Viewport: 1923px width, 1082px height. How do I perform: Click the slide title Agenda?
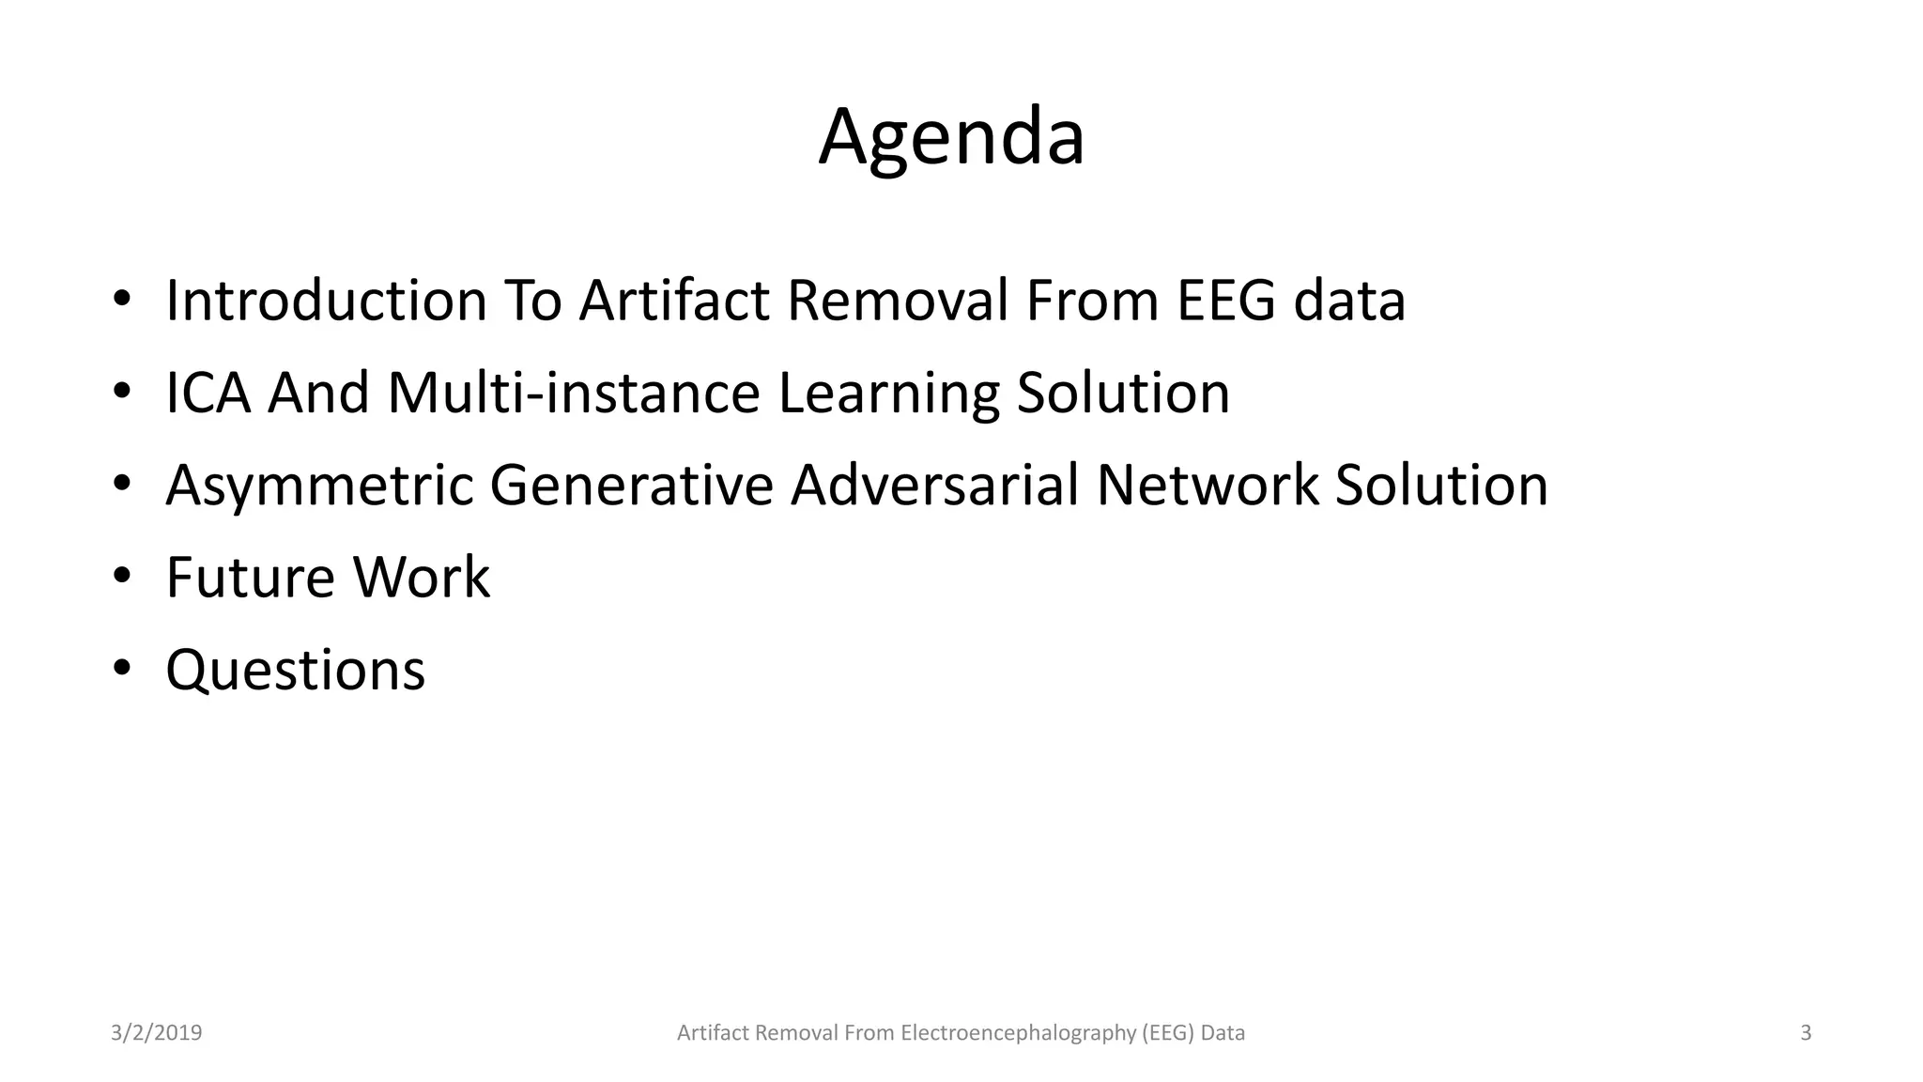point(951,137)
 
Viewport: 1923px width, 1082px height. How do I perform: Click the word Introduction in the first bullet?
point(326,301)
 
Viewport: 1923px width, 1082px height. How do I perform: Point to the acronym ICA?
point(208,393)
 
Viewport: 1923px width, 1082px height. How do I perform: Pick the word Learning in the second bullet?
point(888,394)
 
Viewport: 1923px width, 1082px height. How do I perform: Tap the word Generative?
point(631,485)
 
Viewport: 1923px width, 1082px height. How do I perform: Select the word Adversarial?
point(934,485)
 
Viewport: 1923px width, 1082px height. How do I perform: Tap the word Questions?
point(295,671)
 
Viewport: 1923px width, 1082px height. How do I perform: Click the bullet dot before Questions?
point(122,669)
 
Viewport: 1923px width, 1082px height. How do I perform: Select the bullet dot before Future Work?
point(122,576)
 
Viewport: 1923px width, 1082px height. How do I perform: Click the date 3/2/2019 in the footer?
point(156,1033)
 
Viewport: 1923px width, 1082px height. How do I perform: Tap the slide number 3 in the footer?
point(1806,1033)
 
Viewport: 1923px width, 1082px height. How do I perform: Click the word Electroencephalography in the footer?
point(1019,1033)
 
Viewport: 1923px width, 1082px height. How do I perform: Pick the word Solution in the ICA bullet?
point(1123,393)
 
